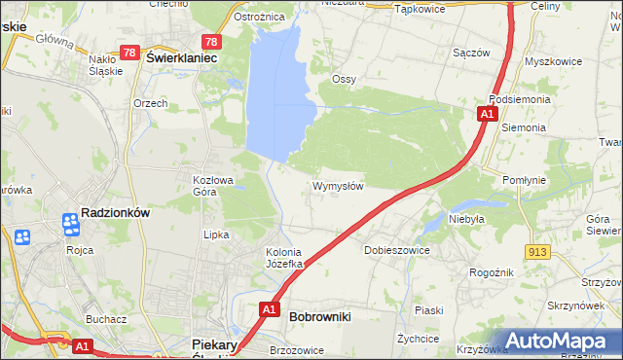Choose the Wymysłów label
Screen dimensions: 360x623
338,186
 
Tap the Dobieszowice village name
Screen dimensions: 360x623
396,250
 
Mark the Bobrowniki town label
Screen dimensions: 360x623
320,316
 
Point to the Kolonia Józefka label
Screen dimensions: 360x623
286,258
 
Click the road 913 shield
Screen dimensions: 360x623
536,252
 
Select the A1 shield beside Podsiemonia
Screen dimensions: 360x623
486,115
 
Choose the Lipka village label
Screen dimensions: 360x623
215,234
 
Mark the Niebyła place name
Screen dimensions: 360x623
466,219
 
